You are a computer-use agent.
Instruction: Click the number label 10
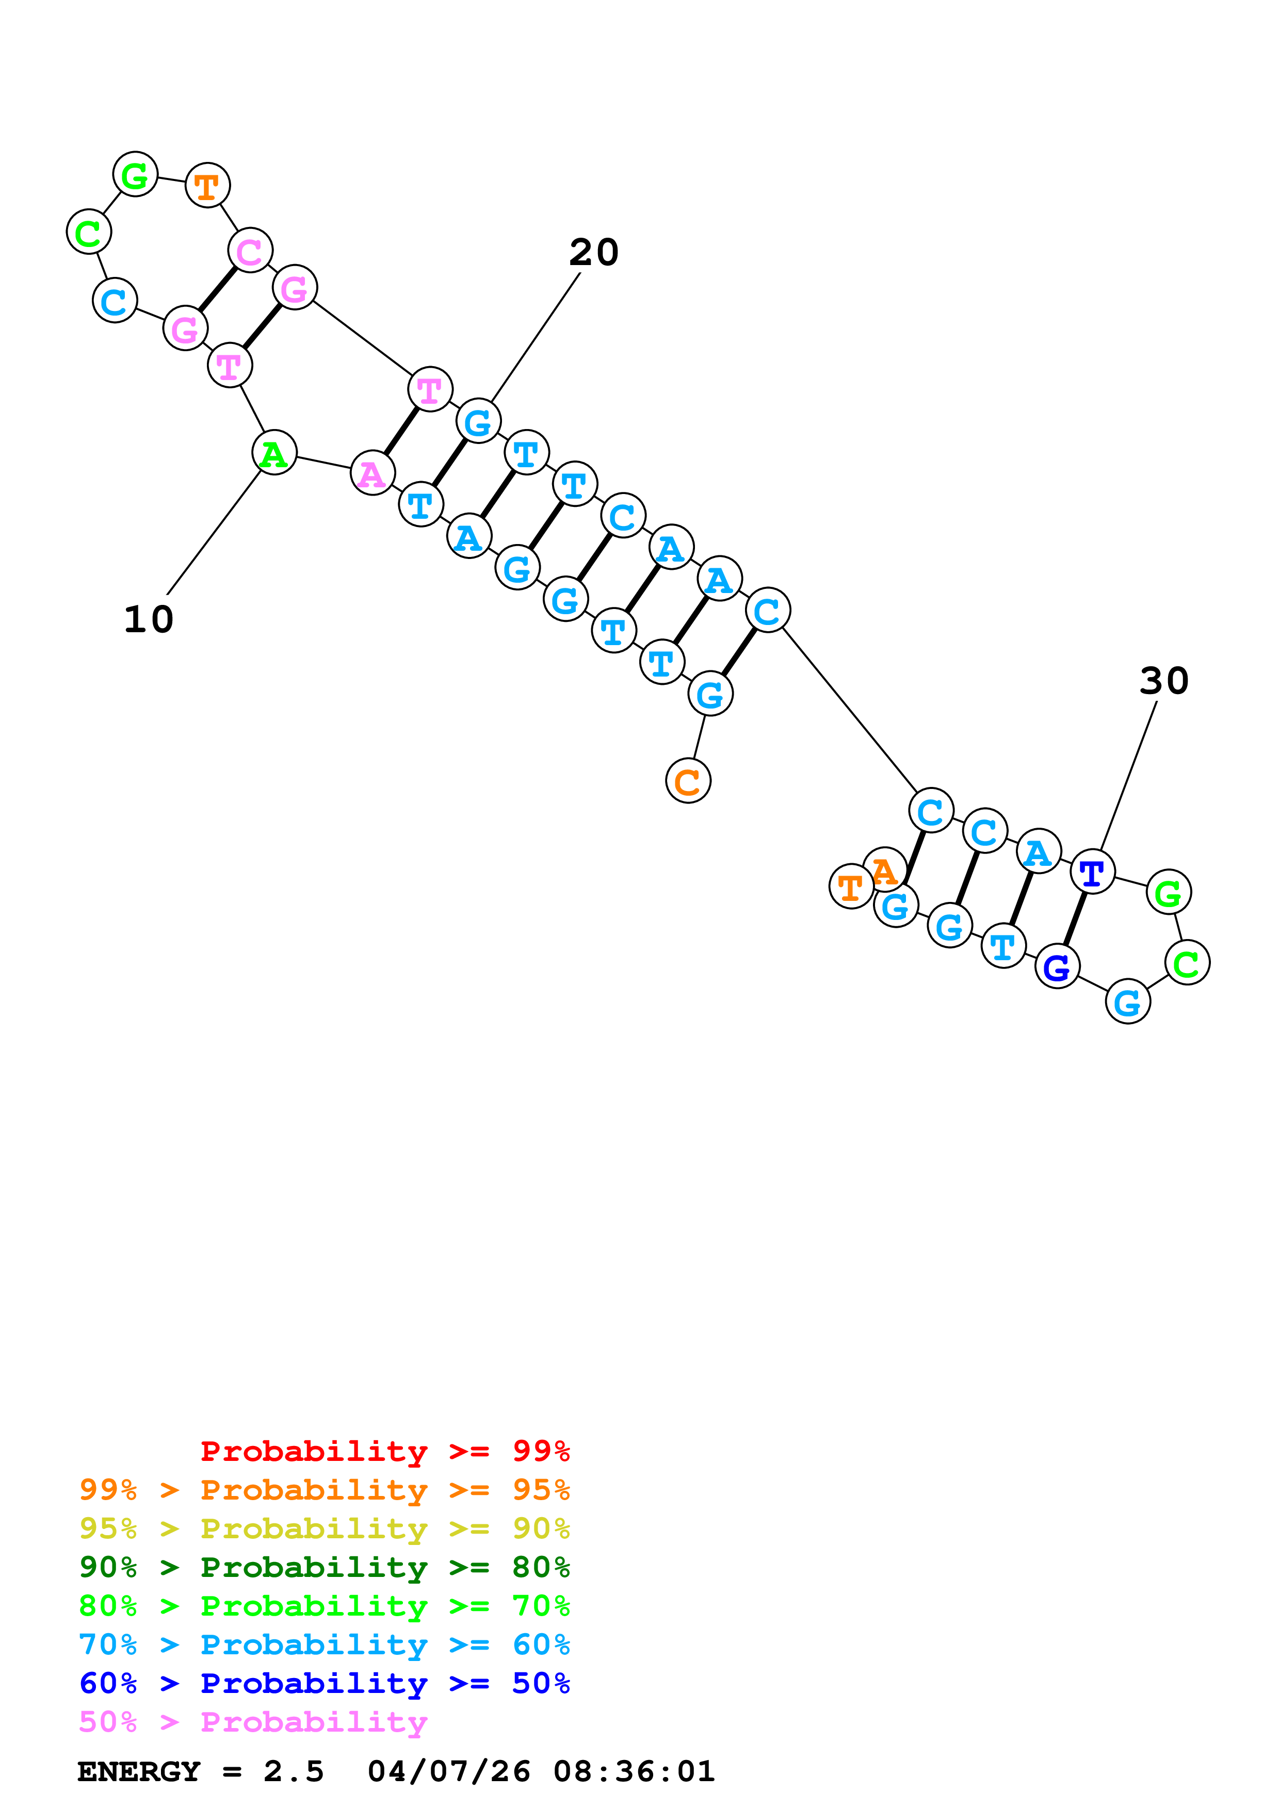148,619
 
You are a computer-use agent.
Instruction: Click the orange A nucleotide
884,870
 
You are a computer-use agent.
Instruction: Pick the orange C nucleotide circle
688,781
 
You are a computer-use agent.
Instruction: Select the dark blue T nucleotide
1092,872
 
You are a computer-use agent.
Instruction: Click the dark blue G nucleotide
1057,967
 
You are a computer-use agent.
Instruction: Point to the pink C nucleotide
250,251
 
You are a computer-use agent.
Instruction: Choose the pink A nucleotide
372,473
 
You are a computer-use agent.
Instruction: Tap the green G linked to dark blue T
1168,892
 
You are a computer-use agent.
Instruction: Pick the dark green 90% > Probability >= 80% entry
324,1567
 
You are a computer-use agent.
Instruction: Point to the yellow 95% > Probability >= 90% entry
324,1528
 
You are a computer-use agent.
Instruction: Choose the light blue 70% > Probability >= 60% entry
324,1644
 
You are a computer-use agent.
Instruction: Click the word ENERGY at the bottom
139,1771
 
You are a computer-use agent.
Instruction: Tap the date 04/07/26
448,1771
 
